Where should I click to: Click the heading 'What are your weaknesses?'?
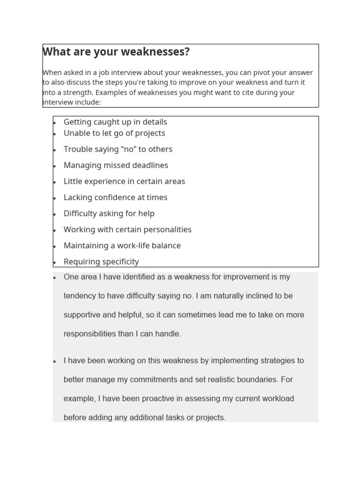coord(116,52)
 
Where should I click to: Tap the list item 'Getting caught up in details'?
coord(115,122)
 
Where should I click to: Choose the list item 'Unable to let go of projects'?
coord(114,133)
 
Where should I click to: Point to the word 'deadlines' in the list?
coord(149,165)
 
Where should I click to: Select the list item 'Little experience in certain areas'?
coord(124,181)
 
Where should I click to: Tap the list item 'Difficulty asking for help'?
coord(109,213)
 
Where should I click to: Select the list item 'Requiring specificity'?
coord(101,261)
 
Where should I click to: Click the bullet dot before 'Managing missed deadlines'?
coord(55,166)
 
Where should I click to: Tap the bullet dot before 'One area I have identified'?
coord(55,278)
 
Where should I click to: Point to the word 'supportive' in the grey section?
coord(82,315)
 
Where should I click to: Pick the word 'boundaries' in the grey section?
coord(254,379)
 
